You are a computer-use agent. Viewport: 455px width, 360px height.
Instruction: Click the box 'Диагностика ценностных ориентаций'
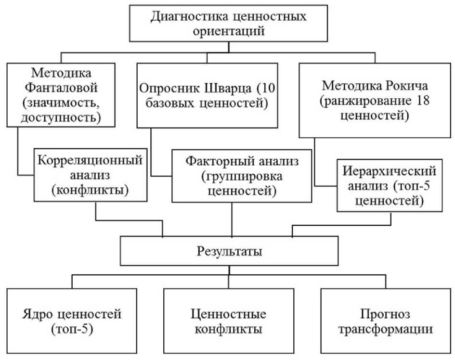click(x=228, y=24)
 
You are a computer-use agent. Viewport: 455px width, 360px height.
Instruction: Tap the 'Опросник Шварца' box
click(x=207, y=95)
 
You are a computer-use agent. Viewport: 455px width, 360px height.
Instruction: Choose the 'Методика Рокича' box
click(x=374, y=101)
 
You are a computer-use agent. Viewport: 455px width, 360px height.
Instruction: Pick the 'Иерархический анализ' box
click(x=390, y=186)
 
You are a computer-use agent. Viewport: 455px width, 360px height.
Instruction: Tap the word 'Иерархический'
click(x=390, y=171)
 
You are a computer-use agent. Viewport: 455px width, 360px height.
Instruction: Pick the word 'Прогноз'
click(x=385, y=315)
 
